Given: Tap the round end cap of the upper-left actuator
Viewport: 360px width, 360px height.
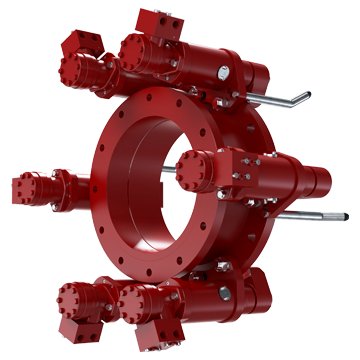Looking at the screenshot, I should (x=72, y=70).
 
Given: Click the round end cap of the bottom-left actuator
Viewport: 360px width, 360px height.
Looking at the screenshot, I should (x=73, y=298).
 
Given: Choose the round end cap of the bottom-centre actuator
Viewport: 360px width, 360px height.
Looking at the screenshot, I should (x=135, y=300).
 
